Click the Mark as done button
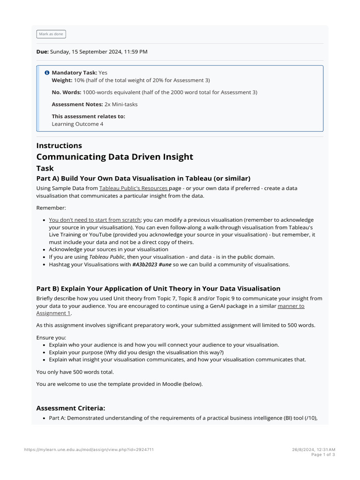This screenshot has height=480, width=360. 51,34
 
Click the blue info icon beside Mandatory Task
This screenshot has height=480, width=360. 47,73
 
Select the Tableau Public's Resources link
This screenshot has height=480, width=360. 134,188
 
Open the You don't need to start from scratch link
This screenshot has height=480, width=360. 94,220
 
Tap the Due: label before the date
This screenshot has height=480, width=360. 42,52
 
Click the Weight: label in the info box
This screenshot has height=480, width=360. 62,81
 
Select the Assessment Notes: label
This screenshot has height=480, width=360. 77,104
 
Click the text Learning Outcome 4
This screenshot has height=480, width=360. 77,124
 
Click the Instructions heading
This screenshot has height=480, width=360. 59,146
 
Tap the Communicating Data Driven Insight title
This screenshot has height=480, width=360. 114,157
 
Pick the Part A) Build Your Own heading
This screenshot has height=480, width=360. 143,178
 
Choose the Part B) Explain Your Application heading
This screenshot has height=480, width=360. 158,288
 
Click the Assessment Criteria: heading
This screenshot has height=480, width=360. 71,408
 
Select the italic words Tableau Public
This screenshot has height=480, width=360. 106,257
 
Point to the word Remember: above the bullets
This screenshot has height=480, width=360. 51,207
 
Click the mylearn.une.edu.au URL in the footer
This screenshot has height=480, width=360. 89,450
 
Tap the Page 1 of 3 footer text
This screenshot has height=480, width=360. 323,455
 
